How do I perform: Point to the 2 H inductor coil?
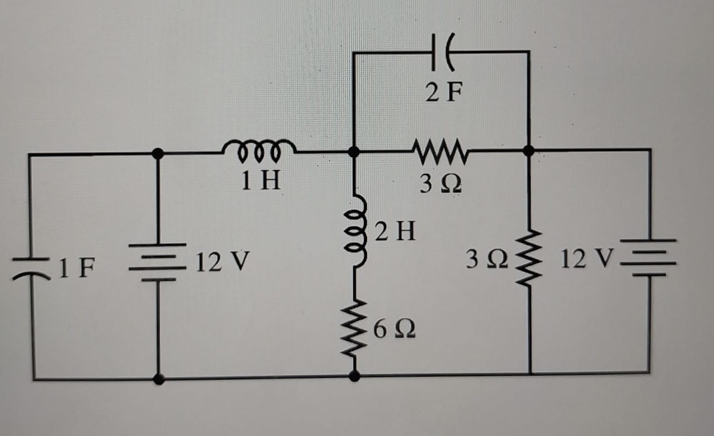point(356,232)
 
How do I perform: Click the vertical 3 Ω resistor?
point(529,259)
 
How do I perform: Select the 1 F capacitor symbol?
point(30,267)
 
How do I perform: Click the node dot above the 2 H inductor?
point(353,152)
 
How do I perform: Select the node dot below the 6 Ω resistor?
point(354,377)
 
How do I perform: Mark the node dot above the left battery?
point(157,154)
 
